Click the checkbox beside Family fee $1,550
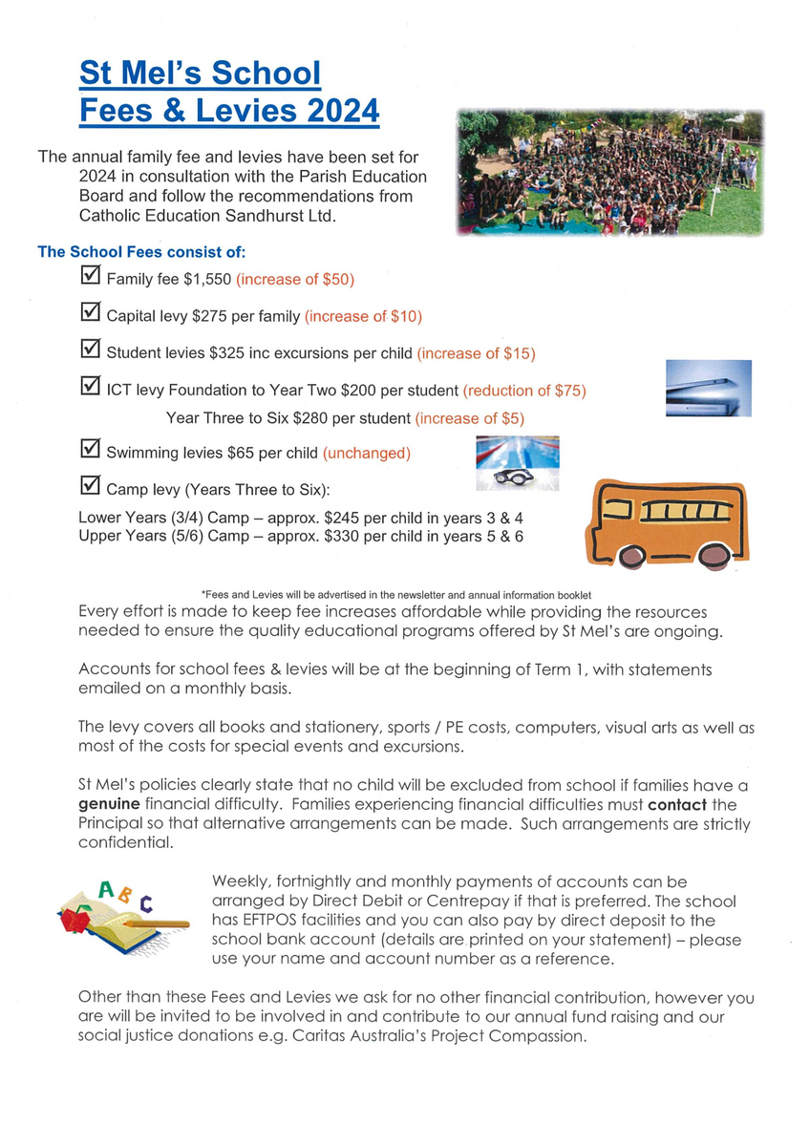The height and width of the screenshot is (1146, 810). pos(91,277)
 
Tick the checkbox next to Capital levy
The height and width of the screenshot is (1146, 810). pos(91,312)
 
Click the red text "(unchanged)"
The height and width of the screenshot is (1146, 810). pos(366,453)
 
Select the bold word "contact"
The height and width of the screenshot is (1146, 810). pos(677,805)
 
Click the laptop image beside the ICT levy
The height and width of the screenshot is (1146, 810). pos(709,388)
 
